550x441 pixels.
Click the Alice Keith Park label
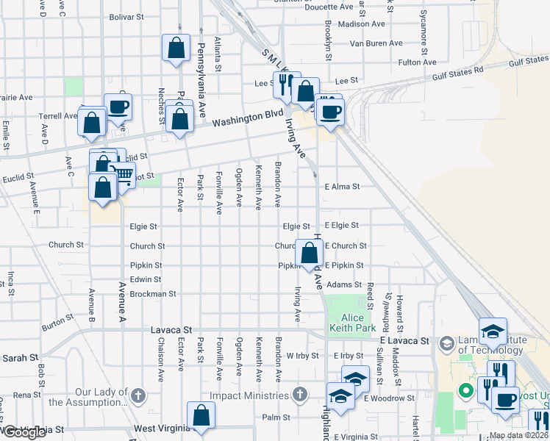coord(352,323)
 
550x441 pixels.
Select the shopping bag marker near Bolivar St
coord(176,49)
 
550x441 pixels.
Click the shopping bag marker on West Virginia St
coord(201,416)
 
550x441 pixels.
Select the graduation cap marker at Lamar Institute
coord(493,331)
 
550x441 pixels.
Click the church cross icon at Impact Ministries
coord(299,395)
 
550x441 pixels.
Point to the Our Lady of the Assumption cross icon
coord(137,395)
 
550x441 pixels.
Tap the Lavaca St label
coord(172,331)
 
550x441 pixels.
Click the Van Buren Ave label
coord(376,43)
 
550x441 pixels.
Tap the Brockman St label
coord(153,294)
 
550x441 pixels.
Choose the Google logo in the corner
coord(24,432)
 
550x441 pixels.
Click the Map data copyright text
coord(518,435)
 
